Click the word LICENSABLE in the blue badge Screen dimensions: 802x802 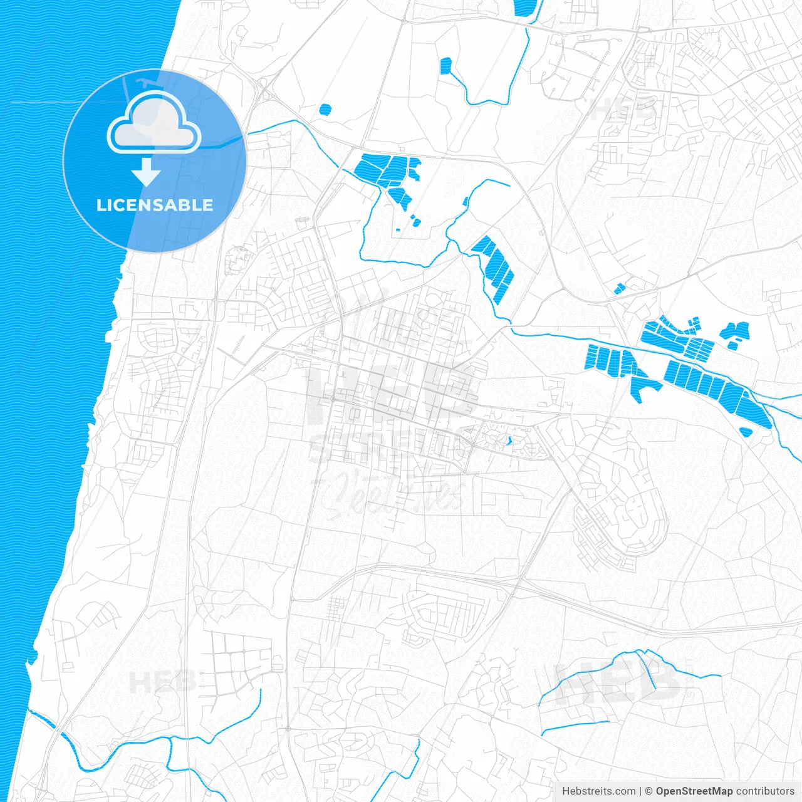pyautogui.click(x=154, y=205)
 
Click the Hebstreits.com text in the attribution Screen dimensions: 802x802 pyautogui.click(x=598, y=791)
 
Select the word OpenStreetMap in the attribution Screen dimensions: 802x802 pyautogui.click(x=694, y=791)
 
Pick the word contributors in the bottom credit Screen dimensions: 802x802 pyautogui.click(x=765, y=791)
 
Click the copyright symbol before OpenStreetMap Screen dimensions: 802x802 pyautogui.click(x=648, y=791)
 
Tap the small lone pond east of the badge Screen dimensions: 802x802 pyautogui.click(x=324, y=110)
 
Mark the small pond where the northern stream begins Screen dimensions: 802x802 pyautogui.click(x=445, y=65)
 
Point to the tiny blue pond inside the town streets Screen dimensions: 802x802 pyautogui.click(x=509, y=440)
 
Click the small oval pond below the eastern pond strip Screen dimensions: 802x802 pyautogui.click(x=745, y=432)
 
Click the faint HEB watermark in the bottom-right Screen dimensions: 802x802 pyautogui.click(x=617, y=680)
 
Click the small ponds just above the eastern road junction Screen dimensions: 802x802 pyautogui.click(x=619, y=288)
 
